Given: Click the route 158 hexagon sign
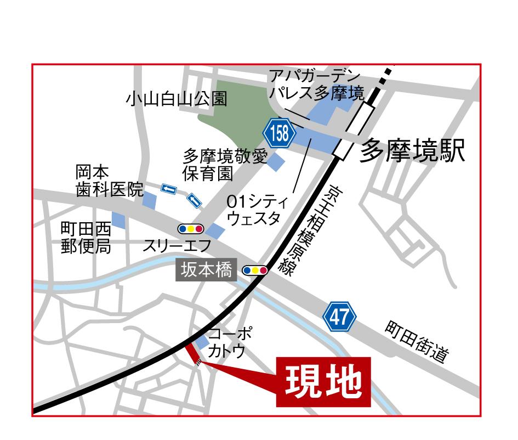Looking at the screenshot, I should point(279,133).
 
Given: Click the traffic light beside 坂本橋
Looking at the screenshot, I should point(255,270).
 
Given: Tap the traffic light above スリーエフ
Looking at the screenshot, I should point(191,228).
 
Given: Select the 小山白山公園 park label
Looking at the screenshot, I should point(176,99).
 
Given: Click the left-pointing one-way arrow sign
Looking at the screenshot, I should point(169,190).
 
